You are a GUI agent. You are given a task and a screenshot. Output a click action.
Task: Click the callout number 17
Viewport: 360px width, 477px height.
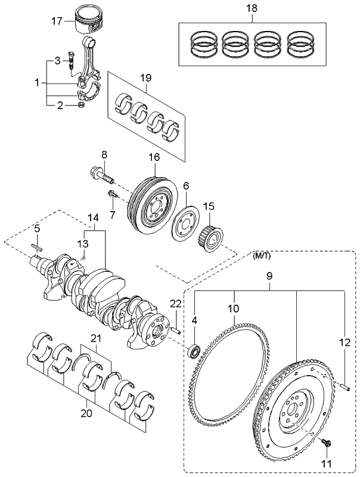click(x=55, y=21)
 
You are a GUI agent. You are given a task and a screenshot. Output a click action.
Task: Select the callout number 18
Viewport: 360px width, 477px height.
click(x=252, y=10)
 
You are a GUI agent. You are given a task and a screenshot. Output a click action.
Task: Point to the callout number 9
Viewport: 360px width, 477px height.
click(x=269, y=277)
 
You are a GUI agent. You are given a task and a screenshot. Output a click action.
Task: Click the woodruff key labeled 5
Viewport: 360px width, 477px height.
click(x=36, y=245)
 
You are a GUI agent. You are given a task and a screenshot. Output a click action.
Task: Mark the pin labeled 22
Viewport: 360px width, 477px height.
click(x=176, y=327)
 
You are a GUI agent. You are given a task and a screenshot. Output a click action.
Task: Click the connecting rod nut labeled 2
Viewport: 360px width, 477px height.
click(x=80, y=107)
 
